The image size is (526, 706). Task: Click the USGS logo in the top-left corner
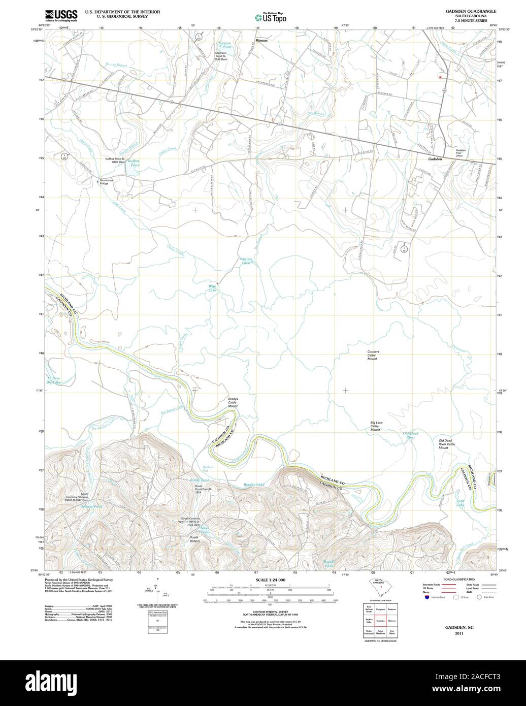(61, 15)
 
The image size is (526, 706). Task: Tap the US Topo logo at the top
(271, 17)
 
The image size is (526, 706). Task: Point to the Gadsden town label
(435, 159)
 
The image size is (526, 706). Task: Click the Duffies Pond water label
(133, 164)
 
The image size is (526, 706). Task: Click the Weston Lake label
(245, 261)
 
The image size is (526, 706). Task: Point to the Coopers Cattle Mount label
(373, 355)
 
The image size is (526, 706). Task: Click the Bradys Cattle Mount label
(233, 402)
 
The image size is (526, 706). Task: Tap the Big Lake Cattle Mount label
(376, 426)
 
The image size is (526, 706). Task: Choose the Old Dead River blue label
(409, 435)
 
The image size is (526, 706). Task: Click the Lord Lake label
(460, 503)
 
